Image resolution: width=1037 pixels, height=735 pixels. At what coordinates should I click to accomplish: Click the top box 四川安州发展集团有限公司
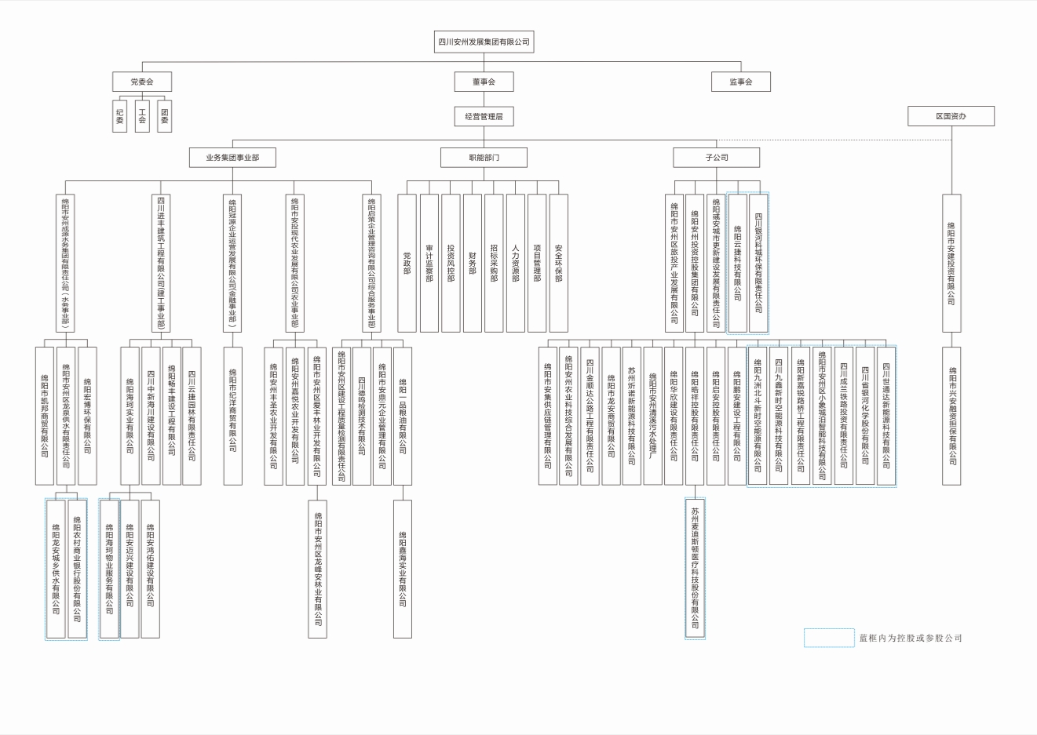click(484, 42)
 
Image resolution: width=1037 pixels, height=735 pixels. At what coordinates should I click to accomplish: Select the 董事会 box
click(484, 82)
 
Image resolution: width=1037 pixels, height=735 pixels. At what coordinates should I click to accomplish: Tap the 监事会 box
click(740, 82)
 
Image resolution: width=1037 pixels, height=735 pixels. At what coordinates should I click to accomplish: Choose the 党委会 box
click(142, 82)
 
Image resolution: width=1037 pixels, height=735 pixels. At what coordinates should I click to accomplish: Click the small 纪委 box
click(120, 116)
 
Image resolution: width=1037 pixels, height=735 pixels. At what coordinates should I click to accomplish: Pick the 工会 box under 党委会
click(142, 116)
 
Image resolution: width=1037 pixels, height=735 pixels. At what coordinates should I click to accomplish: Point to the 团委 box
click(164, 116)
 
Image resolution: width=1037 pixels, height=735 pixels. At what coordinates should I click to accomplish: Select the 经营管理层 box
click(484, 116)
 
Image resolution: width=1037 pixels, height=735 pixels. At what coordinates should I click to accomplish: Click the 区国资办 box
click(951, 116)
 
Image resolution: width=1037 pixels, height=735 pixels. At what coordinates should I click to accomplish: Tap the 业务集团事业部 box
click(232, 158)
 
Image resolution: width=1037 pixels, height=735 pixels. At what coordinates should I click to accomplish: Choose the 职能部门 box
click(484, 158)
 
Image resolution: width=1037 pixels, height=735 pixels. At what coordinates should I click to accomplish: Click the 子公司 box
click(716, 158)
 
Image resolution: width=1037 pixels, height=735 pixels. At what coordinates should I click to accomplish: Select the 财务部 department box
click(472, 263)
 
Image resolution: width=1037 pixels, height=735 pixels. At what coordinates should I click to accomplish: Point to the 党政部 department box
click(407, 263)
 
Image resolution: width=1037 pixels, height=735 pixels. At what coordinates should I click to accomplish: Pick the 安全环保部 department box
click(558, 263)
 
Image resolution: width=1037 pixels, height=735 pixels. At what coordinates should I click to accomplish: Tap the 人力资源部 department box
click(515, 263)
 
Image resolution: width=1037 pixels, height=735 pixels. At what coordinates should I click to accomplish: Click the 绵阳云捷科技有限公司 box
click(737, 263)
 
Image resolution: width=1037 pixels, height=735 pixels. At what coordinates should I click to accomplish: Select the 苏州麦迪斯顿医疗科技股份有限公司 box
click(695, 568)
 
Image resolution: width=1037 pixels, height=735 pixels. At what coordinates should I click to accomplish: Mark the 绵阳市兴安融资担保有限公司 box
click(951, 416)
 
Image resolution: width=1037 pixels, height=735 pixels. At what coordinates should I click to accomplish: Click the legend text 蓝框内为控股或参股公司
click(911, 639)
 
